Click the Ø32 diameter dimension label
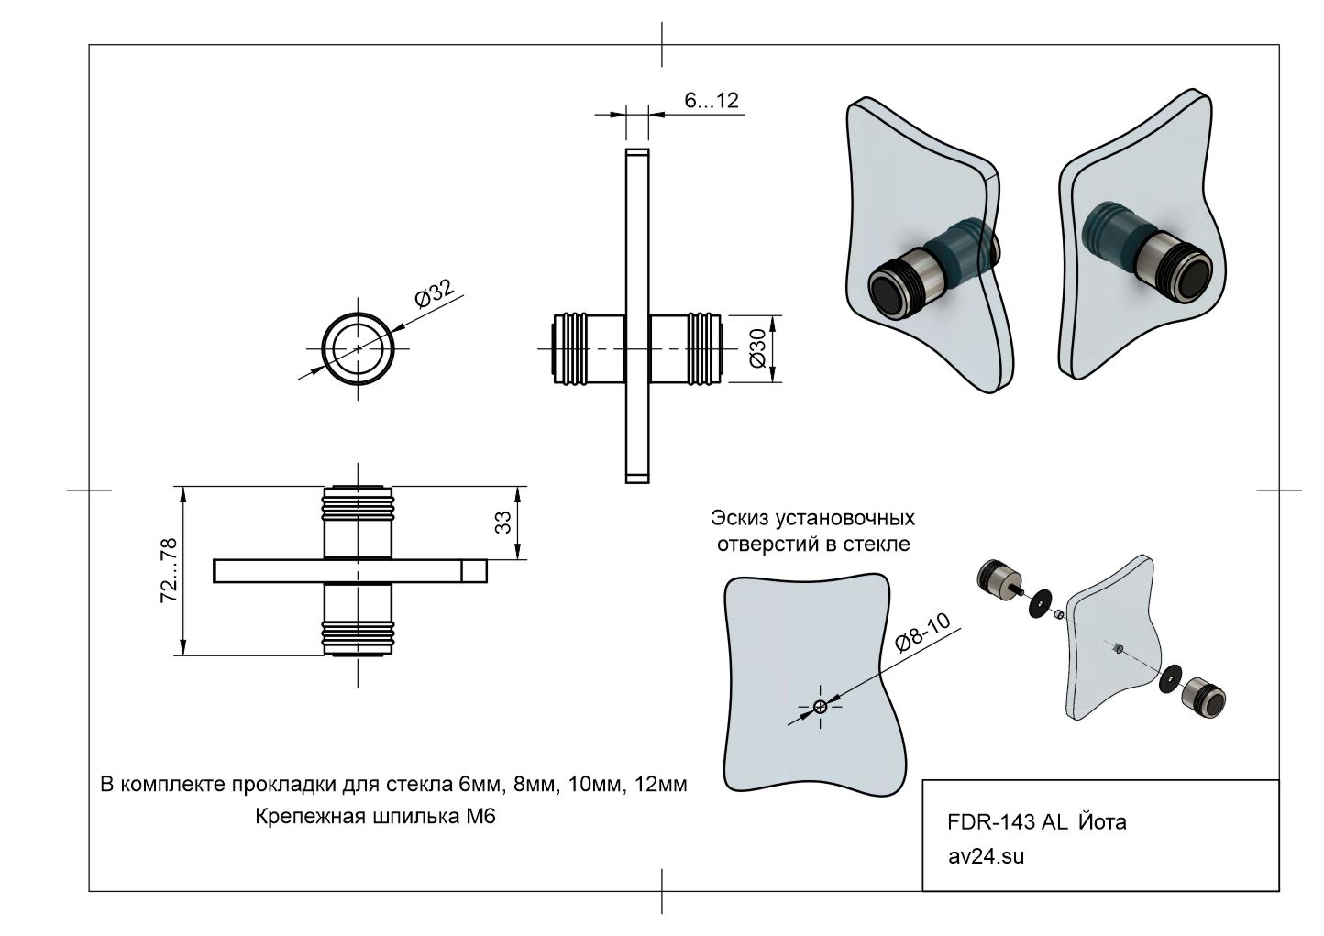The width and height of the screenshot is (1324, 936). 436,296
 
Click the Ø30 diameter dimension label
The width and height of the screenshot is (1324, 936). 757,348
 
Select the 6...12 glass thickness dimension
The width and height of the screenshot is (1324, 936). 712,101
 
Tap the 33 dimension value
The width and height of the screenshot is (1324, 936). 502,523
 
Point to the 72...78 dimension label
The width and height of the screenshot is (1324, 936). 168,571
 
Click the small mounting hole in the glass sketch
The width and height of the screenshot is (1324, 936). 820,706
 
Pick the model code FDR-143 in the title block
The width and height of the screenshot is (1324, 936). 991,822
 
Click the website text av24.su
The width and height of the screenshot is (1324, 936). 986,857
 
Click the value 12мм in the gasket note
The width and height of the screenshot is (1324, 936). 660,786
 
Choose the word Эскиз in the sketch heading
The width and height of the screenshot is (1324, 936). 740,519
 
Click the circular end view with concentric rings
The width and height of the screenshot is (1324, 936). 358,349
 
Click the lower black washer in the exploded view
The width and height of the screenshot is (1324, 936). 1169,680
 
